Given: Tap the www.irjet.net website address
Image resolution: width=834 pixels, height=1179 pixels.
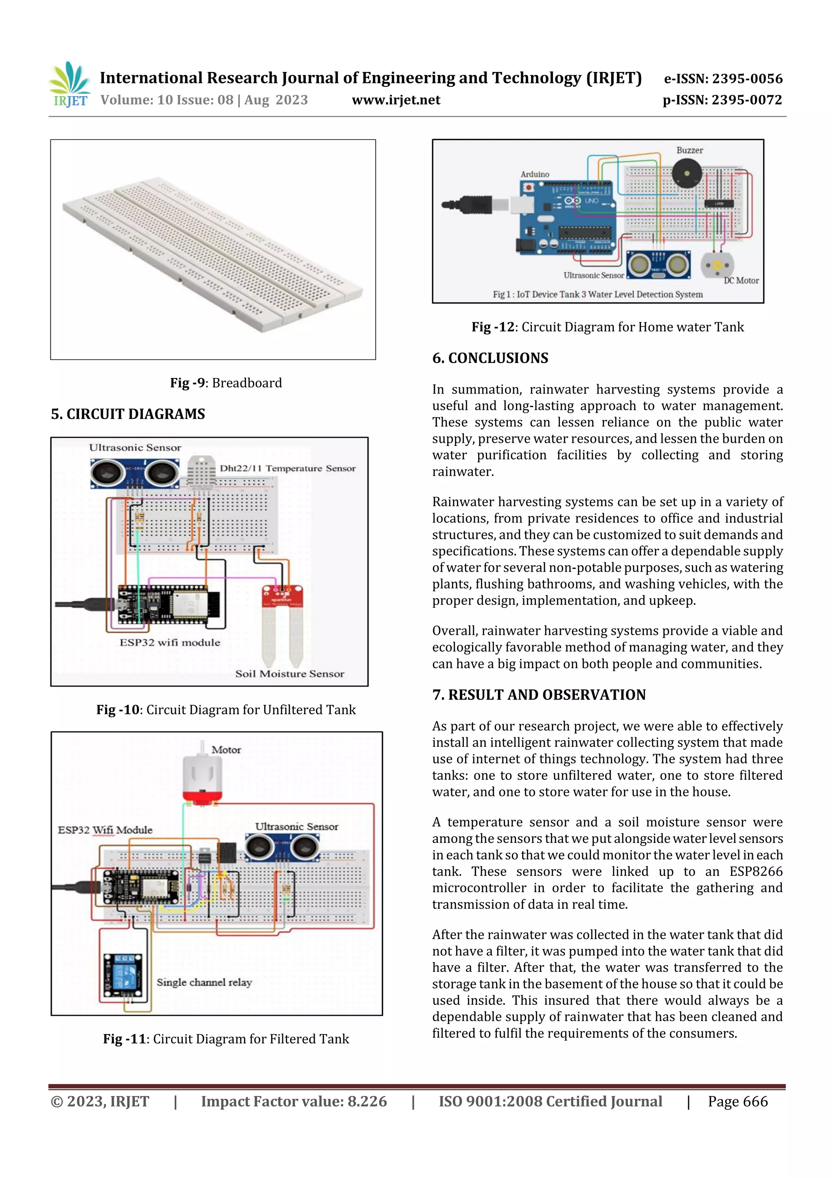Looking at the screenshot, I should pyautogui.click(x=396, y=100).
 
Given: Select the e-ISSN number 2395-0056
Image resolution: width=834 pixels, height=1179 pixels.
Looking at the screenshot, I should pyautogui.click(x=723, y=79).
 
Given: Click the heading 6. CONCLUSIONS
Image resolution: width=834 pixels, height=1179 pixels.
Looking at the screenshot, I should pyautogui.click(x=490, y=358).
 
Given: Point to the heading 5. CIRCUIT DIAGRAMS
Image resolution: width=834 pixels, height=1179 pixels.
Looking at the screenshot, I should pyautogui.click(x=128, y=414).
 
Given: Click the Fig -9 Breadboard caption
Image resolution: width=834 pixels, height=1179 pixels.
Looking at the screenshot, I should pyautogui.click(x=226, y=383).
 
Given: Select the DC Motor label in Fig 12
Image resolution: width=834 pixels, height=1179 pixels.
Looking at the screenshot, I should pyautogui.click(x=740, y=280).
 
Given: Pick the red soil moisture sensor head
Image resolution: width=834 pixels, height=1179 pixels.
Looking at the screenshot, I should pyautogui.click(x=282, y=597).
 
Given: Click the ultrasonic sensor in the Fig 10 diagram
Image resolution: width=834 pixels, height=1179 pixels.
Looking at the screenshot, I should pyautogui.click(x=135, y=472).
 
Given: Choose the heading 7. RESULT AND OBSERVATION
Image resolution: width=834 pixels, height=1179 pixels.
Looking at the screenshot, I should pyautogui.click(x=538, y=695).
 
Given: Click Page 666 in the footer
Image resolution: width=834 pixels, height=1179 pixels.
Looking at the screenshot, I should pyautogui.click(x=737, y=1101).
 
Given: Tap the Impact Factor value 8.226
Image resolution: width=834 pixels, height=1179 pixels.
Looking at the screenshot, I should pyautogui.click(x=294, y=1101).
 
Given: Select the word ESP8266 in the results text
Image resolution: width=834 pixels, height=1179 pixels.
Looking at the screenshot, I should pyautogui.click(x=755, y=871).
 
